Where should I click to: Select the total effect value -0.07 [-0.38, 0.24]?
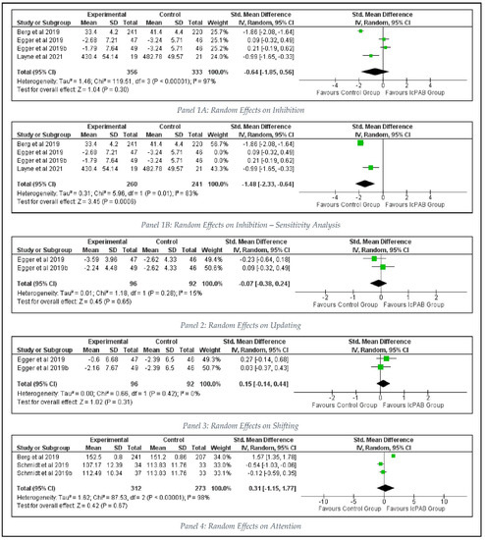pyautogui.click(x=287, y=285)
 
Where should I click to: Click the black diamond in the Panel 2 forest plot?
pyautogui.click(x=380, y=285)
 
